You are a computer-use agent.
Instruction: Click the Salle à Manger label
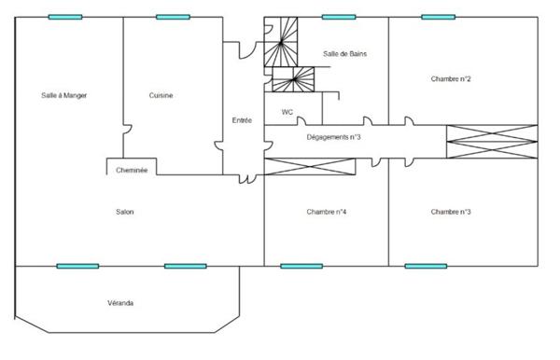pos(64,95)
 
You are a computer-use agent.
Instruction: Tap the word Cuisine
pos(161,95)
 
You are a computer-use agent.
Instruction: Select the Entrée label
pos(242,119)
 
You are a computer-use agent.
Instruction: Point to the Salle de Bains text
pos(344,54)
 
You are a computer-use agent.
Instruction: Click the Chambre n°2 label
pos(451,79)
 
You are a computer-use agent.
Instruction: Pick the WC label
pos(287,112)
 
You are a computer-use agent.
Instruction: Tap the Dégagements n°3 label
pos(334,138)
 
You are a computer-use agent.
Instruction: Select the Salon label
pos(125,213)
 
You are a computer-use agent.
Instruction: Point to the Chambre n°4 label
pos(327,213)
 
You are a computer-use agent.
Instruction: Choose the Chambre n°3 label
pos(451,213)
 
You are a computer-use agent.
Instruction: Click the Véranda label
pos(119,303)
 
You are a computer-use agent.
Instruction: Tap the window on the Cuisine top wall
pos(173,17)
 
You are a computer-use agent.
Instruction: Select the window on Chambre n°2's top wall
pos(437,17)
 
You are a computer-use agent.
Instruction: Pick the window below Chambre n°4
pos(301,266)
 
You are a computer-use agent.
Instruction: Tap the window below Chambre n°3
pos(425,266)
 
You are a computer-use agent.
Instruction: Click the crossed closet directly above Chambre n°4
pos(310,166)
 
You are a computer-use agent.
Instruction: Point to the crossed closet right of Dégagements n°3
pos(492,140)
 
